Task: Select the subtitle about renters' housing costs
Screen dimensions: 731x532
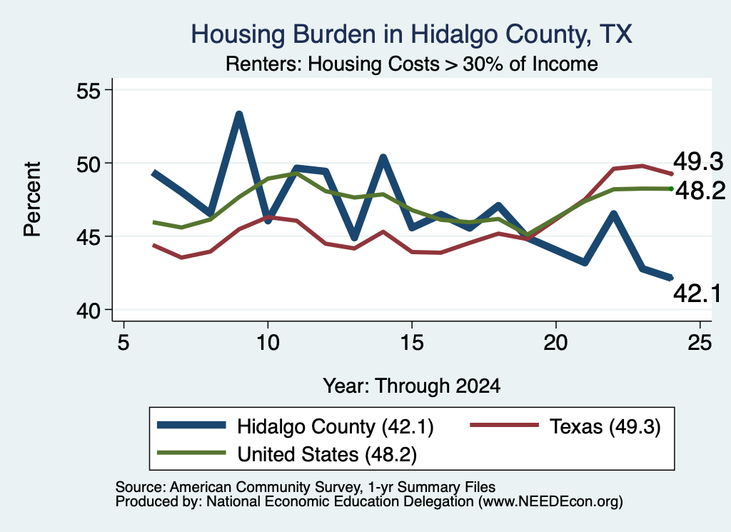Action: click(x=412, y=64)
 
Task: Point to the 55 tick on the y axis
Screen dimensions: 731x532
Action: click(x=89, y=90)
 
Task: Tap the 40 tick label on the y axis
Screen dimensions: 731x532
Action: click(x=89, y=311)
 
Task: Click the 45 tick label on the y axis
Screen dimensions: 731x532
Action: click(x=89, y=237)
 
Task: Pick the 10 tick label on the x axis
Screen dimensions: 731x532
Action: click(x=268, y=343)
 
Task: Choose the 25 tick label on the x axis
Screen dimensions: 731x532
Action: click(x=700, y=343)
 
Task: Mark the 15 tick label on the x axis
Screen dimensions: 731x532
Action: click(x=412, y=343)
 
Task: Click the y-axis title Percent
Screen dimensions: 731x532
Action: click(x=32, y=199)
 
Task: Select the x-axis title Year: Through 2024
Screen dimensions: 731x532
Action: click(x=412, y=386)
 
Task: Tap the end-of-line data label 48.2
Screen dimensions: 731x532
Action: click(x=700, y=191)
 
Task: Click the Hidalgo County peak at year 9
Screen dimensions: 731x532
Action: click(x=239, y=114)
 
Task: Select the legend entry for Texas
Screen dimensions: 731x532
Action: click(x=565, y=426)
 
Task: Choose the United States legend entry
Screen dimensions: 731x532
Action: click(x=287, y=454)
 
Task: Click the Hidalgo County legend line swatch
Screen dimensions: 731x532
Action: click(x=191, y=425)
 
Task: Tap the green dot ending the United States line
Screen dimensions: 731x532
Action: click(x=671, y=189)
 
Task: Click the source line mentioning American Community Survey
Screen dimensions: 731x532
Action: click(x=306, y=487)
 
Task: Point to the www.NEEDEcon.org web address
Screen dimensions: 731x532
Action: click(x=550, y=502)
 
